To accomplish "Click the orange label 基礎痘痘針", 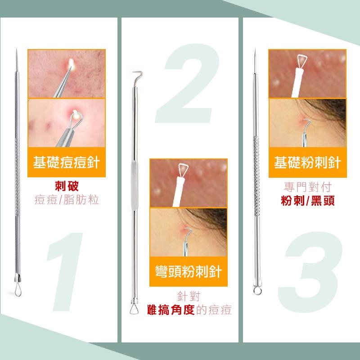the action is point(66,162).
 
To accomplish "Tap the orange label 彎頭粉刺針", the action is point(188,271).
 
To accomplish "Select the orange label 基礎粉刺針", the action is point(307,162).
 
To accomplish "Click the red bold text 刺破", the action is point(67,186).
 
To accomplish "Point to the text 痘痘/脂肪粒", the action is point(67,199).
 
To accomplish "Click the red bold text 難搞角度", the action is point(171,310).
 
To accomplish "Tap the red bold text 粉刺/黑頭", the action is point(308,201).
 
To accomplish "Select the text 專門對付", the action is point(308,187).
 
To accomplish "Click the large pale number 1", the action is point(65,272).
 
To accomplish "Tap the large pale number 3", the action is point(310,272).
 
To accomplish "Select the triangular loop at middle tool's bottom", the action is point(134,308).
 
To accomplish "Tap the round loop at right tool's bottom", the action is point(257,290).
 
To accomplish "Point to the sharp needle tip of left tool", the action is point(17,49).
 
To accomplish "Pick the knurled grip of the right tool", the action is point(256,176).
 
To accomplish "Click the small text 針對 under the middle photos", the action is point(188,296).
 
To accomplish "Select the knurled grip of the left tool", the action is point(17,177).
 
